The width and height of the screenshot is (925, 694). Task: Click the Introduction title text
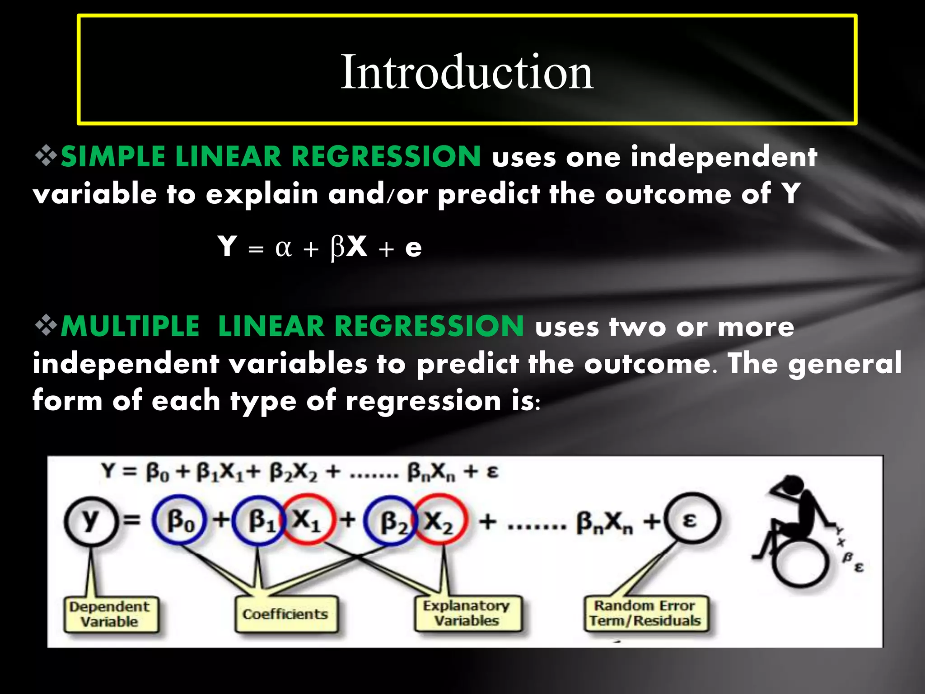tap(467, 72)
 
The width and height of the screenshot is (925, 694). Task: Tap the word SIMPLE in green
tap(113, 157)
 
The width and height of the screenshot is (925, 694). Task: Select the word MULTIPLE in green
tap(130, 326)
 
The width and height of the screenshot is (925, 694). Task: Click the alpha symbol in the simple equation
tap(283, 248)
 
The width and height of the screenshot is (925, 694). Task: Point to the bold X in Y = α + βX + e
tap(357, 247)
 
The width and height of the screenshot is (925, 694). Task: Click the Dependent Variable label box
tap(110, 614)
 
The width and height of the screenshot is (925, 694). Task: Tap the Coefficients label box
tap(285, 614)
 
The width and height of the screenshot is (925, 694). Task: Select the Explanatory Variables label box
tap(467, 614)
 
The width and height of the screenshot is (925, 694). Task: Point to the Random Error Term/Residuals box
tap(645, 614)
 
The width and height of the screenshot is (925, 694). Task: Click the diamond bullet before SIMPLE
tap(46, 156)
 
